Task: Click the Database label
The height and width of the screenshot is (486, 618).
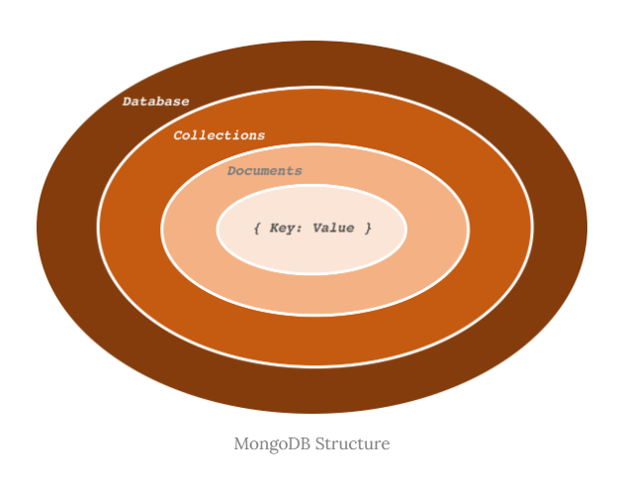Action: point(155,101)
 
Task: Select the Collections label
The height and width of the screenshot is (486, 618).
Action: point(219,135)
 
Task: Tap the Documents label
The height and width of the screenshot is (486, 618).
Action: point(264,170)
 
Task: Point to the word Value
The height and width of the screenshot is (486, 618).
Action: point(333,228)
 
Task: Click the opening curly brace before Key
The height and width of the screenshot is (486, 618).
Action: point(257,228)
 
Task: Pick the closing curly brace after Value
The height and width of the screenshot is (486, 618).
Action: point(368,228)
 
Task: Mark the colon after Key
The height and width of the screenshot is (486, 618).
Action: point(302,229)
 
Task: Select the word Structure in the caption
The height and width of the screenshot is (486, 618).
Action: point(352,442)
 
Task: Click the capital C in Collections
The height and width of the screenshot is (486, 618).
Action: point(178,135)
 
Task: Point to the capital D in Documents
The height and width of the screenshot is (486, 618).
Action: point(231,170)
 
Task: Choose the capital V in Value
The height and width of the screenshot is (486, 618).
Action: point(316,228)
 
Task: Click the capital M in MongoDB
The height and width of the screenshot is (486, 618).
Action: point(240,442)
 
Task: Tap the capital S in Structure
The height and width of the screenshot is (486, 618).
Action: point(319,442)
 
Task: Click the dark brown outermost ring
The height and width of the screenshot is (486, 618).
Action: point(69,228)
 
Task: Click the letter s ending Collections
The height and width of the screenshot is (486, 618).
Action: point(261,135)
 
